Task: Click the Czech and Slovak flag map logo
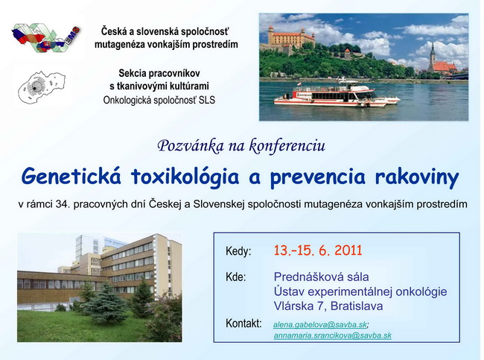coord(45,37)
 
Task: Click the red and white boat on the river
coord(337,94)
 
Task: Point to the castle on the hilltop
coord(290,37)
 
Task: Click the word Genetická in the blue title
coord(71,177)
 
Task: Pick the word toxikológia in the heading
coord(185,177)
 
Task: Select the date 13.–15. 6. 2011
coord(318,250)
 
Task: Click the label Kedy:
coord(238,251)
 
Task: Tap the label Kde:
coord(235,277)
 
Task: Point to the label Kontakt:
coord(243,323)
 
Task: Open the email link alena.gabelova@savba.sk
coord(320,325)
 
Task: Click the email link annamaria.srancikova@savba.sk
coord(333,335)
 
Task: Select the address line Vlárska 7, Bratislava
coord(328,306)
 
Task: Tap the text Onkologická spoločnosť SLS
coord(159,100)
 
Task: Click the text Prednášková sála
coord(321,277)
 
